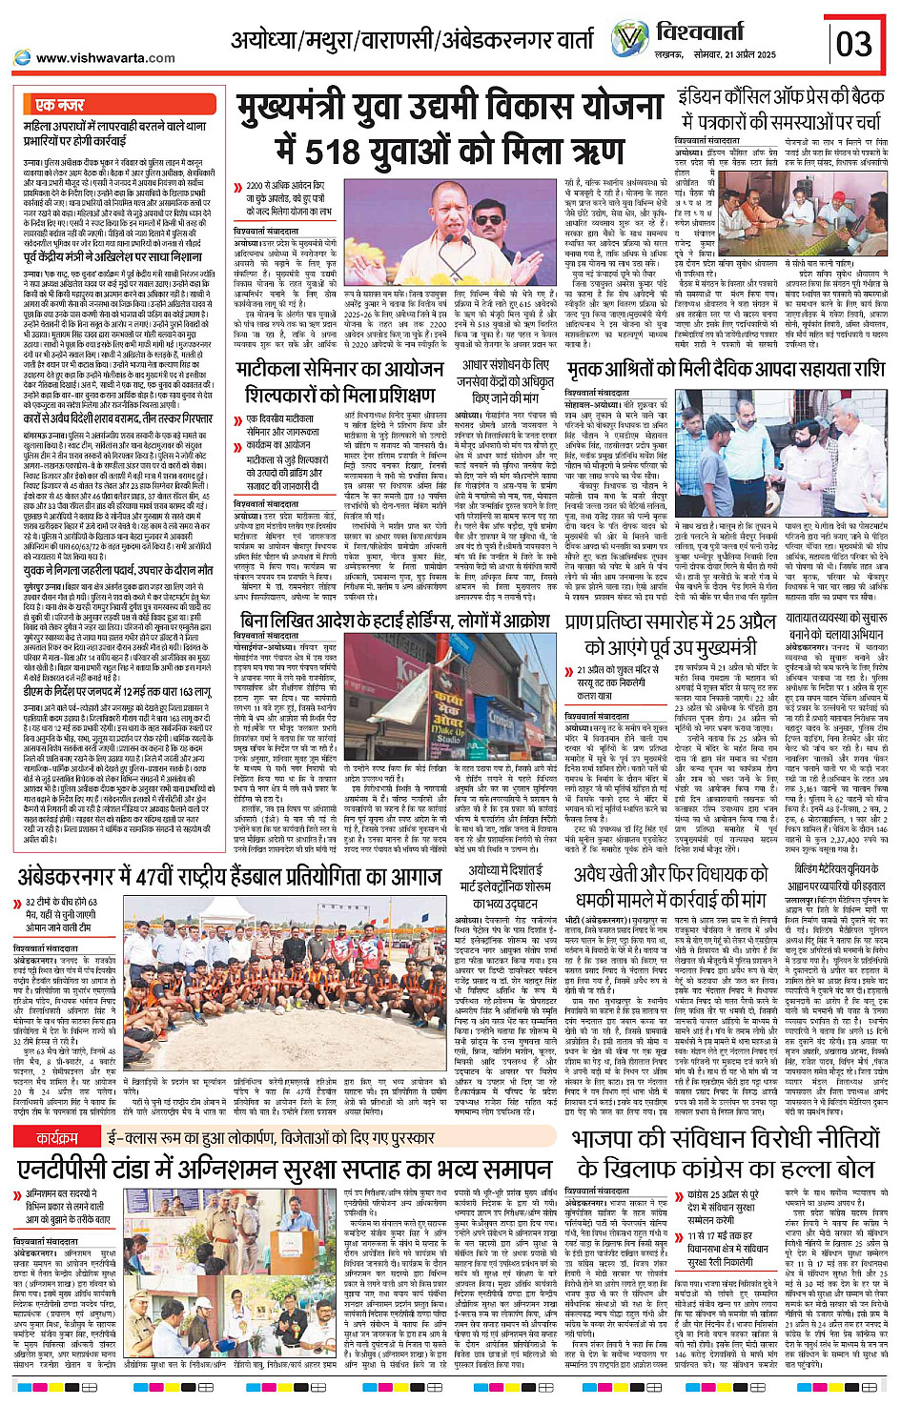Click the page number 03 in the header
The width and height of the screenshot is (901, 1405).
coord(854,43)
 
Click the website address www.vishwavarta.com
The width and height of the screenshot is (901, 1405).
coord(105,58)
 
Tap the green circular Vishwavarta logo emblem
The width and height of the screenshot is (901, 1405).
coord(629,40)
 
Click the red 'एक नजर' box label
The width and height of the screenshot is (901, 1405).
coord(59,105)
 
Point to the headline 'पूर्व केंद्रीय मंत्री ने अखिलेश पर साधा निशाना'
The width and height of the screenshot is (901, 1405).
coord(113,257)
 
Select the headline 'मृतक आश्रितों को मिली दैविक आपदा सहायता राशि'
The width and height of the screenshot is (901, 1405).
coord(726,369)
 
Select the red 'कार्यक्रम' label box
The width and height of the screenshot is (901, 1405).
coord(57,1138)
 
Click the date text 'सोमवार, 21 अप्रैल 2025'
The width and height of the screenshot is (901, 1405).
coord(738,54)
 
